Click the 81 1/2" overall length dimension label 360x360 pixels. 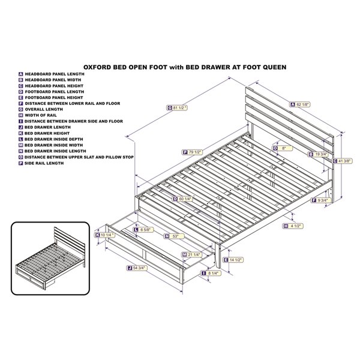click(177, 107)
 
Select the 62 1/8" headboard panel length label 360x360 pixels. click(300, 104)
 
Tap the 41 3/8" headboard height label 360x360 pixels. click(343, 161)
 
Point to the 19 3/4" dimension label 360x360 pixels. click(318, 154)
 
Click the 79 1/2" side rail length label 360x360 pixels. click(193, 152)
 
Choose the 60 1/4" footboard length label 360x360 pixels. click(183, 199)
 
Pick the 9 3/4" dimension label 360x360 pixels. click(321, 200)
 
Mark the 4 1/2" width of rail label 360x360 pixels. click(293, 226)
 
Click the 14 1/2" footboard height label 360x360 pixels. click(233, 260)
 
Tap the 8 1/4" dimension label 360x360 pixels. click(211, 273)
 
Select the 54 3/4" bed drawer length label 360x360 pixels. click(137, 268)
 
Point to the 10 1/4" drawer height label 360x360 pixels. click(105, 235)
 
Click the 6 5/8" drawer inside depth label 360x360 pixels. click(143, 230)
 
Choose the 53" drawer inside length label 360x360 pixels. click(174, 236)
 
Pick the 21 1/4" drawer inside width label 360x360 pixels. click(192, 254)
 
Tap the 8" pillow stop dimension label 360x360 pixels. click(283, 148)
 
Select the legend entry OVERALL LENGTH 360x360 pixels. click(44, 109)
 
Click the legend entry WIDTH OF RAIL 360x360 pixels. click(41, 115)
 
